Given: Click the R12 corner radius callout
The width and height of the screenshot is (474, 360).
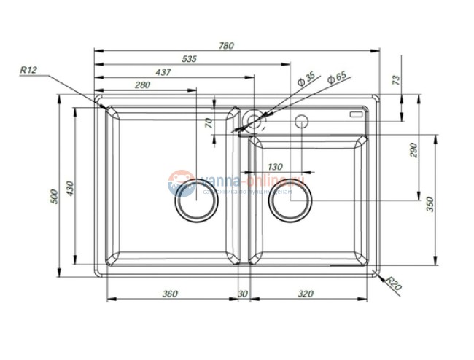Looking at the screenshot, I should click(28, 70).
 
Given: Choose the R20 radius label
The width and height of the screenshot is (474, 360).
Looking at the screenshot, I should click(395, 283).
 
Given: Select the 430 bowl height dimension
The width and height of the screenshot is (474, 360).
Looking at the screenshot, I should click(71, 188).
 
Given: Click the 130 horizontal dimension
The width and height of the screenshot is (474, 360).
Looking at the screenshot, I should click(275, 167).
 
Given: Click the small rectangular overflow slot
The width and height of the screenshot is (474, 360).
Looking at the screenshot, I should click(357, 114).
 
